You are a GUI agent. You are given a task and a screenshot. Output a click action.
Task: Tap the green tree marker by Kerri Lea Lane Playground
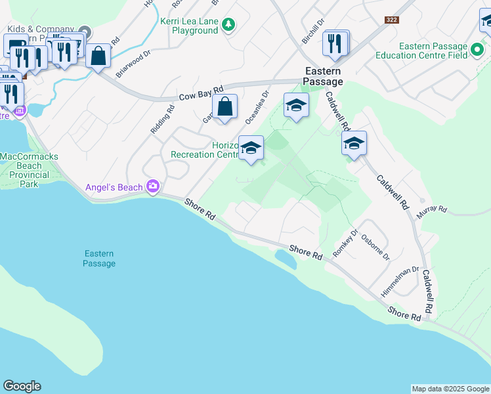click(x=228, y=25)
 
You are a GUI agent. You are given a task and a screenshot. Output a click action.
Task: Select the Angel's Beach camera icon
click(x=153, y=187)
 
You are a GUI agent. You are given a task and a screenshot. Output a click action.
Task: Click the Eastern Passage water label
click(x=99, y=259)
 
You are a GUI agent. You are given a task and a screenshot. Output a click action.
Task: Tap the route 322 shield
click(x=393, y=20)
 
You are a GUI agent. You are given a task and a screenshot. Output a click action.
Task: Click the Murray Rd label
click(x=432, y=209)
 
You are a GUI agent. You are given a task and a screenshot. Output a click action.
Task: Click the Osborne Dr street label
click(x=381, y=248)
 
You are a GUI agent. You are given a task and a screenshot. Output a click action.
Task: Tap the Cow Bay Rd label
click(x=201, y=93)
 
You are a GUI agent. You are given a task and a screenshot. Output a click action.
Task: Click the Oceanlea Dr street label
click(x=257, y=107)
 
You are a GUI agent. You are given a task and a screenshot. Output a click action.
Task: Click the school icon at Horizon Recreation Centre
click(x=251, y=148)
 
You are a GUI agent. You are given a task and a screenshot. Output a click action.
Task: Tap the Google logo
click(x=22, y=386)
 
